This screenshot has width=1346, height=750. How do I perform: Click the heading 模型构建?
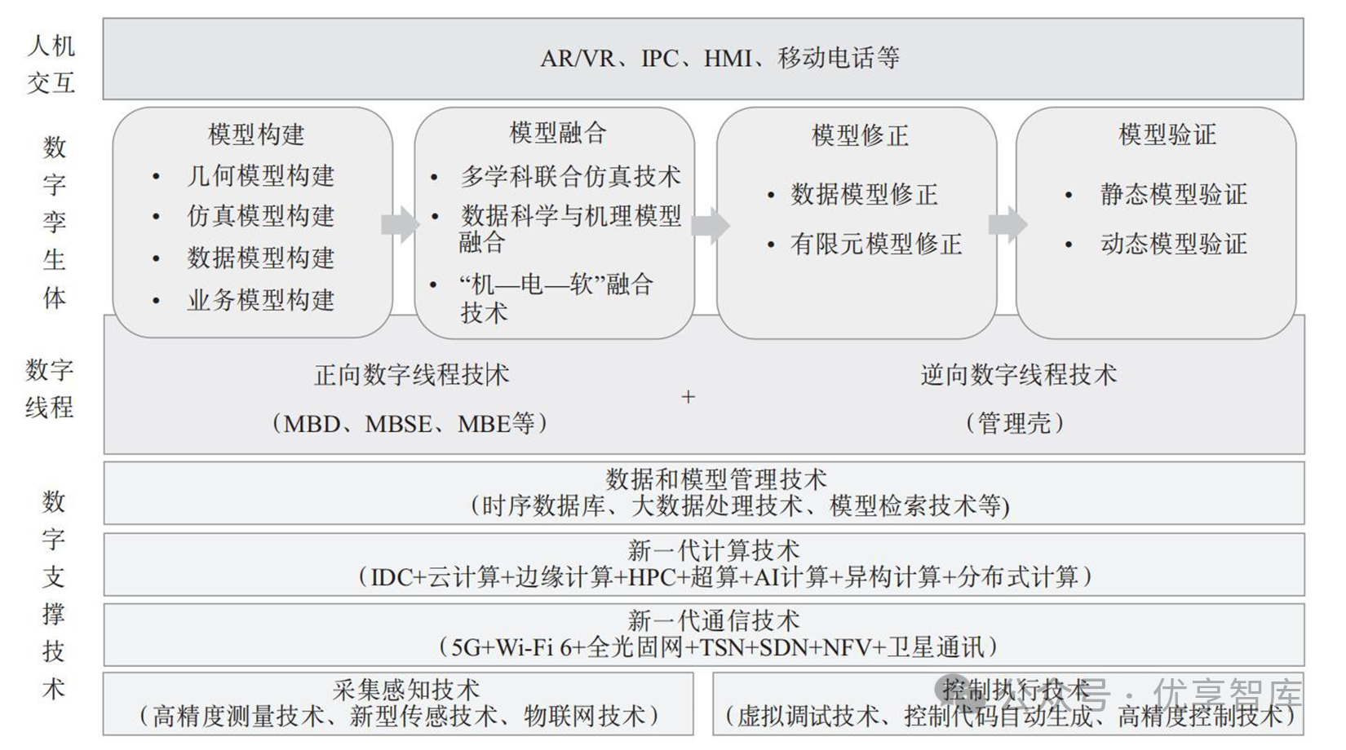(256, 134)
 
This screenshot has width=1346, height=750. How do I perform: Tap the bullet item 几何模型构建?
(260, 175)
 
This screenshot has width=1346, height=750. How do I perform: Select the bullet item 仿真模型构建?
(260, 216)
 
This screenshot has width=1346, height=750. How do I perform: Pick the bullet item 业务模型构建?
(260, 300)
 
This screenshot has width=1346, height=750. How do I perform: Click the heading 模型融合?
(558, 132)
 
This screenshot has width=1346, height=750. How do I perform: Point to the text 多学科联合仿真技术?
(570, 175)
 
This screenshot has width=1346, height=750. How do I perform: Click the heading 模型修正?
(860, 135)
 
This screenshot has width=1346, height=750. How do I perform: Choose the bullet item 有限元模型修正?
(876, 244)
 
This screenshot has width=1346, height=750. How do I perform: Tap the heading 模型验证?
(1167, 134)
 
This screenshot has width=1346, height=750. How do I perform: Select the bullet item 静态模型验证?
(1173, 194)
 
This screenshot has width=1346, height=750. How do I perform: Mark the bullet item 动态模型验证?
(1173, 244)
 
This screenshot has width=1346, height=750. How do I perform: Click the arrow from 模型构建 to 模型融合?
(400, 224)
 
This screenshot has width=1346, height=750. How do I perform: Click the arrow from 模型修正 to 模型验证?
(1007, 224)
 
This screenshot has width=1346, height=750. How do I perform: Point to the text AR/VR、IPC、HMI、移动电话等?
(719, 58)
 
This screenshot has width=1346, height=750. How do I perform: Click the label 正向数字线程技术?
(412, 374)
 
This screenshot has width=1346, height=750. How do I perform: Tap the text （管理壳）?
(1015, 423)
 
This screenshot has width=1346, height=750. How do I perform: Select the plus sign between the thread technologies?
(688, 397)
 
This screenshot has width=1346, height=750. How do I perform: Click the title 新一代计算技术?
(713, 549)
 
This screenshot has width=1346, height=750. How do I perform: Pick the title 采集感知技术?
(405, 690)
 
